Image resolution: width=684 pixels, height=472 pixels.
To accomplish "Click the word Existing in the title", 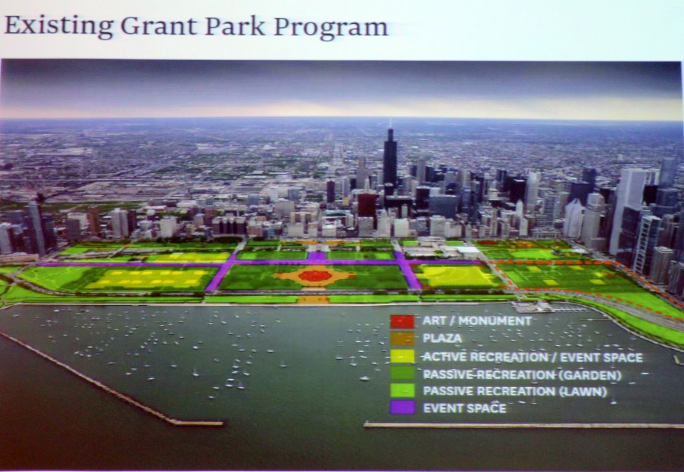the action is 59,27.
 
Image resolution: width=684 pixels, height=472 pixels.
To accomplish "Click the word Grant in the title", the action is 159,26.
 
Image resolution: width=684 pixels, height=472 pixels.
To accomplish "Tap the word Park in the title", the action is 234,26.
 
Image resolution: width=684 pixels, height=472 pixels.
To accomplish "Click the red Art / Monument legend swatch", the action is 402,322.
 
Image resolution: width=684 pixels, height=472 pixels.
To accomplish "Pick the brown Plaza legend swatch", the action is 402,338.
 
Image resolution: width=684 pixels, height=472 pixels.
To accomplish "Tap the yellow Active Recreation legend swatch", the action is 402,356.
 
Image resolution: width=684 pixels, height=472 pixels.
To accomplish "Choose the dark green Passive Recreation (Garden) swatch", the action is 402,373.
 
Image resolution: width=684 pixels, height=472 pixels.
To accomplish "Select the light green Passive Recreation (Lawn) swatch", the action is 402,391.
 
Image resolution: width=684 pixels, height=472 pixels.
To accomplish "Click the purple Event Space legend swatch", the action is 402,407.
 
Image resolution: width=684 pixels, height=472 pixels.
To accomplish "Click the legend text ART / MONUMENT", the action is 477,321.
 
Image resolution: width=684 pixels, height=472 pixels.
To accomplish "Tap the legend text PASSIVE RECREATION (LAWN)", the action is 515,391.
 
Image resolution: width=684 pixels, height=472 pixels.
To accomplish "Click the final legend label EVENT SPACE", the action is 465,409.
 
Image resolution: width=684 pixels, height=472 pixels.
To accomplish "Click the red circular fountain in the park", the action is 315,276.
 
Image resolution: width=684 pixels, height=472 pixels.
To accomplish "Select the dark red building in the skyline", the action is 367,205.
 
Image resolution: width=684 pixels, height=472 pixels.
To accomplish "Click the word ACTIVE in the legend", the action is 442,357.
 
